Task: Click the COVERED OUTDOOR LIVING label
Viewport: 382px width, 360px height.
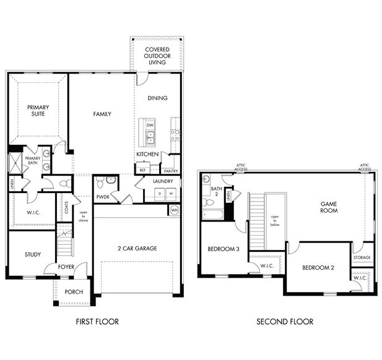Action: (157, 55)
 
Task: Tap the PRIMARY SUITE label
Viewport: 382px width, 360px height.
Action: (37, 111)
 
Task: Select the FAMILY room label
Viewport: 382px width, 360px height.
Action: (102, 114)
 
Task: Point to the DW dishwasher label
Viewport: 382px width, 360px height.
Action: (150, 125)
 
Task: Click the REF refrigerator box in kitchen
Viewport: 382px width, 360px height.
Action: (142, 169)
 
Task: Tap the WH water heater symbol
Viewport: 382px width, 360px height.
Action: (174, 210)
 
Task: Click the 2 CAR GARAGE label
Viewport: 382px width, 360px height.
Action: (137, 248)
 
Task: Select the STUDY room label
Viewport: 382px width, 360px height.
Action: (33, 254)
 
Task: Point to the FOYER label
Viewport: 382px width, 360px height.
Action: (66, 268)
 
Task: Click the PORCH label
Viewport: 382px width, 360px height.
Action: (74, 292)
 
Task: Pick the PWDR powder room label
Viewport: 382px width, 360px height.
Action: (103, 197)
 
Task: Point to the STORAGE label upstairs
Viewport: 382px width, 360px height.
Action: (362, 257)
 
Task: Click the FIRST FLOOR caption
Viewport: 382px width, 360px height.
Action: (97, 322)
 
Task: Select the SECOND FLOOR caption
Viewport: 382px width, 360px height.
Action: (285, 322)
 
